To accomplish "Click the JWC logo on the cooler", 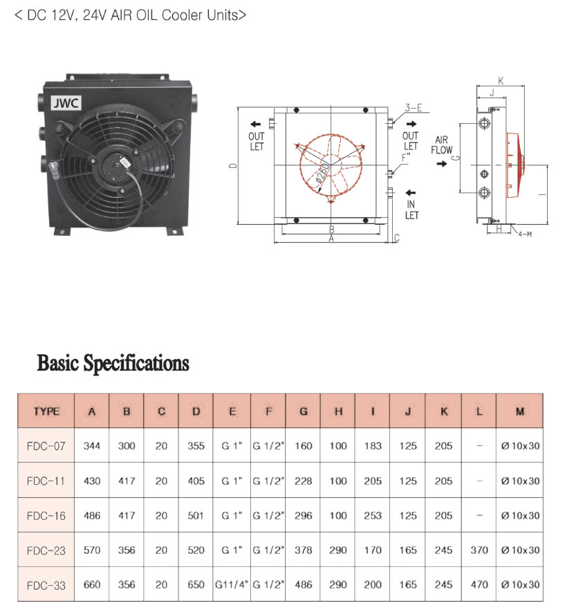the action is click(66, 103).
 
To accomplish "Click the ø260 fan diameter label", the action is click(322, 172).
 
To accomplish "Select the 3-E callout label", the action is click(414, 108).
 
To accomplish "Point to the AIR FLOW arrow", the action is click(441, 164).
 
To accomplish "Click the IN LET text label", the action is click(411, 210).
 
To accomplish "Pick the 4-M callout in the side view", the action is click(525, 234).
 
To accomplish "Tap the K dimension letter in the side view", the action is click(501, 80).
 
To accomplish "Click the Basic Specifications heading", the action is click(113, 363).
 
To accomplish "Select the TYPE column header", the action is click(46, 411).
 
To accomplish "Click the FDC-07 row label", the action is click(46, 446).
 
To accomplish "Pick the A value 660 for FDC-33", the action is click(92, 584).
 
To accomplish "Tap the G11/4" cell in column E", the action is click(232, 584).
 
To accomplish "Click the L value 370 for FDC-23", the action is click(479, 550).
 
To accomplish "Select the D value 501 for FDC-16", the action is click(196, 515).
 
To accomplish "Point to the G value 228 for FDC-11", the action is click(303, 481).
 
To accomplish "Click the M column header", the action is click(520, 411).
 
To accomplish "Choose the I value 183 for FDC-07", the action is click(373, 446).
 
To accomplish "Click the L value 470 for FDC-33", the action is click(479, 584).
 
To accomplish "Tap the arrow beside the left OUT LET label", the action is click(256, 124).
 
